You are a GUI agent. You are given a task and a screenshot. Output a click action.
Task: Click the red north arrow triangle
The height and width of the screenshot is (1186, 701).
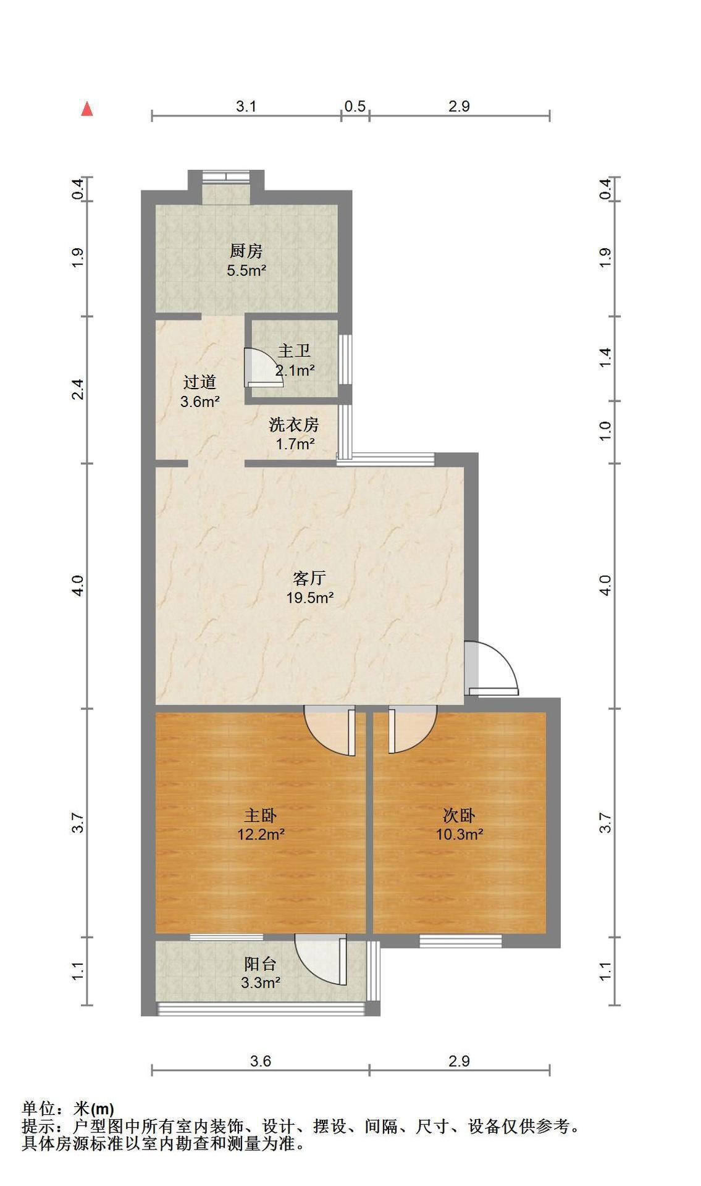tap(88, 109)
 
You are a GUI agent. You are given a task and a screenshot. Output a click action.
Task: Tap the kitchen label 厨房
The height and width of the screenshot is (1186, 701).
tap(246, 251)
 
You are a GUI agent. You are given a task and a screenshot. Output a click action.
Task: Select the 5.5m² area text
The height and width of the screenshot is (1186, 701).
tap(246, 270)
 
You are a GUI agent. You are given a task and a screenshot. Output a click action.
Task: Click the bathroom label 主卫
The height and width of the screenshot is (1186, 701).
tap(294, 351)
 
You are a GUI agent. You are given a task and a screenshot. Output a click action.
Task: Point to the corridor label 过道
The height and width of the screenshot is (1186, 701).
tap(200, 382)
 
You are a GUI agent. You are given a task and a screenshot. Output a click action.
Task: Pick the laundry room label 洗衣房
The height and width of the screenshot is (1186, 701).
tap(294, 425)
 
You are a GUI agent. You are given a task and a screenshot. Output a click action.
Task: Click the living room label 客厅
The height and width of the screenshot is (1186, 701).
tap(309, 579)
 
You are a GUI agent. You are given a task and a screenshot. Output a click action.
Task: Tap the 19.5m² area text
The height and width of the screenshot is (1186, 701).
tap(309, 597)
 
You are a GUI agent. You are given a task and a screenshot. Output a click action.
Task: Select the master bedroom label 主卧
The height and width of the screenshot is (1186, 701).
tap(261, 816)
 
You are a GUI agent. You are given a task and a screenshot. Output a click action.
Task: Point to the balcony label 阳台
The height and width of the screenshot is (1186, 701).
tap(261, 964)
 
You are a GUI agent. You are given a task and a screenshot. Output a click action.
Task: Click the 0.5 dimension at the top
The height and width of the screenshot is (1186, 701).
tap(355, 106)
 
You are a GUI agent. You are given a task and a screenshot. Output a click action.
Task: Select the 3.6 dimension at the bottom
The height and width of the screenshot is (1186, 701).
tap(261, 1061)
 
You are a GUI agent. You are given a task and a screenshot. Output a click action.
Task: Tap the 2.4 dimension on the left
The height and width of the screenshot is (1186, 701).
tap(78, 389)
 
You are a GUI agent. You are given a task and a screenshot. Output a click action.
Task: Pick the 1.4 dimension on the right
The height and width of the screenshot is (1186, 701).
tap(606, 358)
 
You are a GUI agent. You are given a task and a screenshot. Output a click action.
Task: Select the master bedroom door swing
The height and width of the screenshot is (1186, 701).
tap(330, 731)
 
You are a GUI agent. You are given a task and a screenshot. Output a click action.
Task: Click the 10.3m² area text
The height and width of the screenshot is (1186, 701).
tap(460, 835)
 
